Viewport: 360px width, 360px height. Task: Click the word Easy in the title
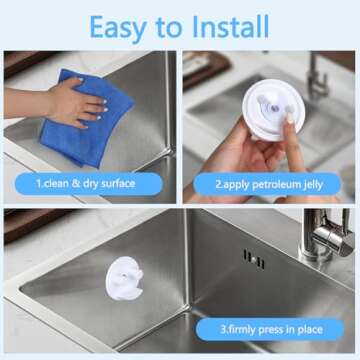116,28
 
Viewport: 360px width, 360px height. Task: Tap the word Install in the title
231,26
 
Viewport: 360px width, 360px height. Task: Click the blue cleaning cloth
86,117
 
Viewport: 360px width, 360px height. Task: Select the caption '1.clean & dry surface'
86,183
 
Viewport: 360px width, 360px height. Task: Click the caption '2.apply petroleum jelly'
269,184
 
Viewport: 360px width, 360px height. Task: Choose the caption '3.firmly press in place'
271,330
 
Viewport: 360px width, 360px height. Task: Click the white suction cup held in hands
273,110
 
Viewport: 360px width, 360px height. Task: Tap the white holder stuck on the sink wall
124,278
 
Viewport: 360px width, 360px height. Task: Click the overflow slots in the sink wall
254,259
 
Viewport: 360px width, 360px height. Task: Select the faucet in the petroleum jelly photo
317,76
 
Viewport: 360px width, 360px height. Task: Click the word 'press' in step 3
262,330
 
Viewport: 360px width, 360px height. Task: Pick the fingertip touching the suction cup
290,117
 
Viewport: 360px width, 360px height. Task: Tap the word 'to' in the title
168,27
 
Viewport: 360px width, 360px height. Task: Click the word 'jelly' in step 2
313,185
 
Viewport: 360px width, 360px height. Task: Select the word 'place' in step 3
310,330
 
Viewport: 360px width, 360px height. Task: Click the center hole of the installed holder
124,275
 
